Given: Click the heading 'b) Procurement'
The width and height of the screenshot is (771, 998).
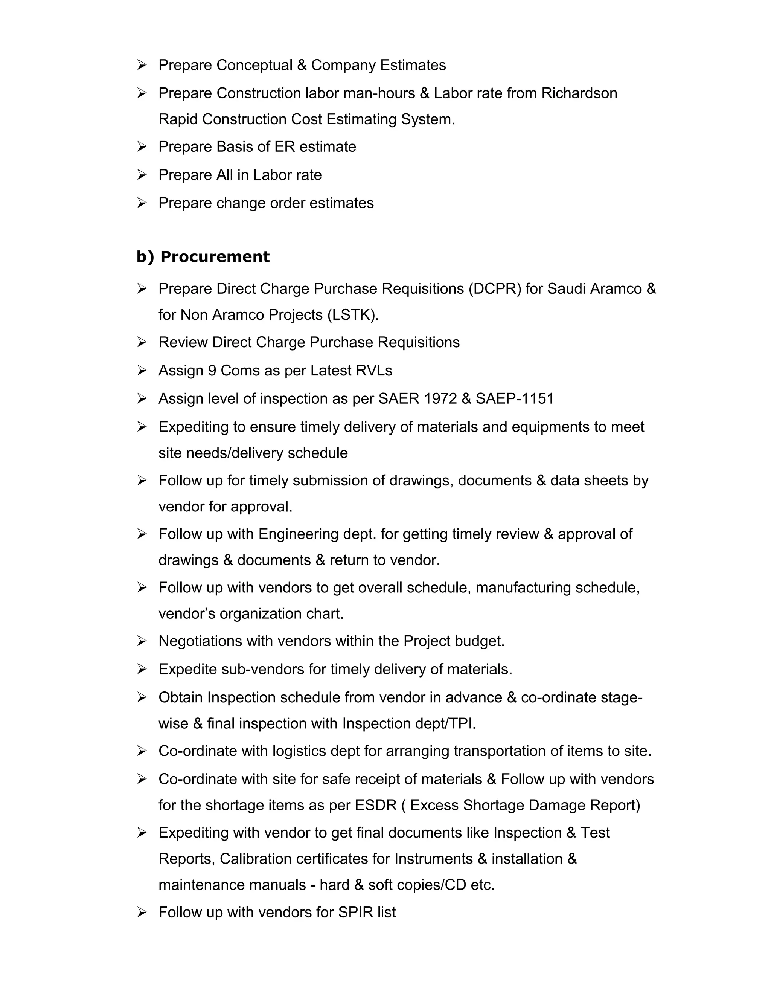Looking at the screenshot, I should (203, 257).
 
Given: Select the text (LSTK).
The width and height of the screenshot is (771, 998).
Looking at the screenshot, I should (353, 315).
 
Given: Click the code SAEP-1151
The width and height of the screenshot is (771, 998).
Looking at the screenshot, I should (514, 398).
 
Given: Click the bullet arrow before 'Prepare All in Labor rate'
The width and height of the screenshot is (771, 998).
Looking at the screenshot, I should (142, 175).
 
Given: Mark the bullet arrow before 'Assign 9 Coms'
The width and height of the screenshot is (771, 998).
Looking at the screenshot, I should (142, 370).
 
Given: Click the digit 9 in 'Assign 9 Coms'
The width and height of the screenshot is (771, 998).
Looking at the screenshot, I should (212, 370).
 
